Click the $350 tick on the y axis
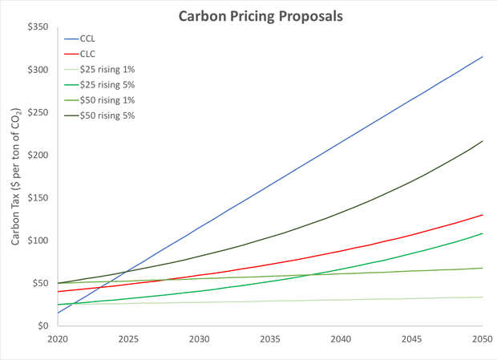[x=38, y=27]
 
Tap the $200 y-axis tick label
[x=38, y=156]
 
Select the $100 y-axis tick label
[x=38, y=241]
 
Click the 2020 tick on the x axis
[x=58, y=339]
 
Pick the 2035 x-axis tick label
[x=269, y=339]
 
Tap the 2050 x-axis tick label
[x=481, y=339]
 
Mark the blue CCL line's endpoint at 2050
[x=481, y=56]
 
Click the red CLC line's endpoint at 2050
[x=481, y=215]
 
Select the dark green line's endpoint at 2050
[x=481, y=141]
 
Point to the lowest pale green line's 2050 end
[x=481, y=297]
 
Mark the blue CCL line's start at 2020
[x=58, y=313]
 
